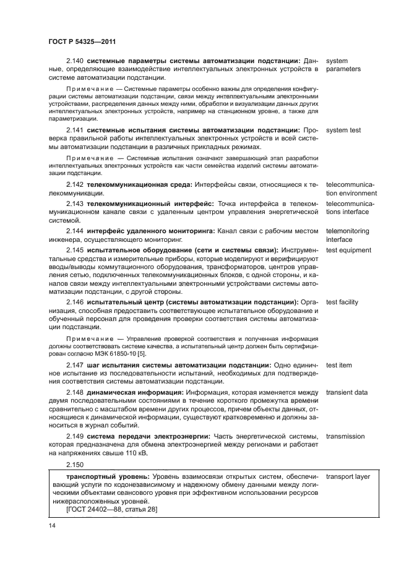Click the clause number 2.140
[x=75, y=61]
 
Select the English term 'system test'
[x=343, y=131]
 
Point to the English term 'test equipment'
[x=349, y=251]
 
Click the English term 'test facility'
[x=342, y=302]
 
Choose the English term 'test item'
[x=339, y=366]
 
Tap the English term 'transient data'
[x=347, y=393]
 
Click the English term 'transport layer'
[x=348, y=477]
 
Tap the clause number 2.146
[x=75, y=302]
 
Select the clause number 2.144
[x=75, y=231]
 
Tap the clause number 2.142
[x=75, y=185]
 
